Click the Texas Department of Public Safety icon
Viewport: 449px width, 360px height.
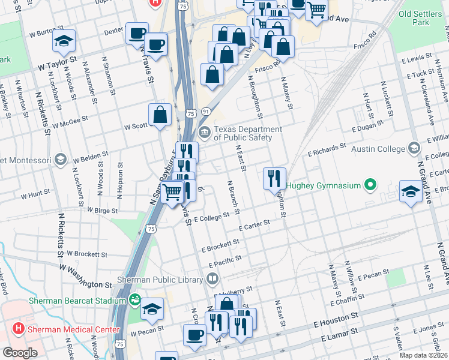tap(204, 133)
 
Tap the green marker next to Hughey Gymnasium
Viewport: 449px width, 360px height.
tap(372, 185)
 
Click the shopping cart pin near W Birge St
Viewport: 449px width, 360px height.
tap(172, 192)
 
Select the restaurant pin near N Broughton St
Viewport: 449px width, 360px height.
tap(272, 177)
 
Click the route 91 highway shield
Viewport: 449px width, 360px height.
tap(205, 112)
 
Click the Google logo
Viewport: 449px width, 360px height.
tap(20, 353)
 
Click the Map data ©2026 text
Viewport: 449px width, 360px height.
tap(423, 355)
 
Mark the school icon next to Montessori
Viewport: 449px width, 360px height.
tap(59, 159)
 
